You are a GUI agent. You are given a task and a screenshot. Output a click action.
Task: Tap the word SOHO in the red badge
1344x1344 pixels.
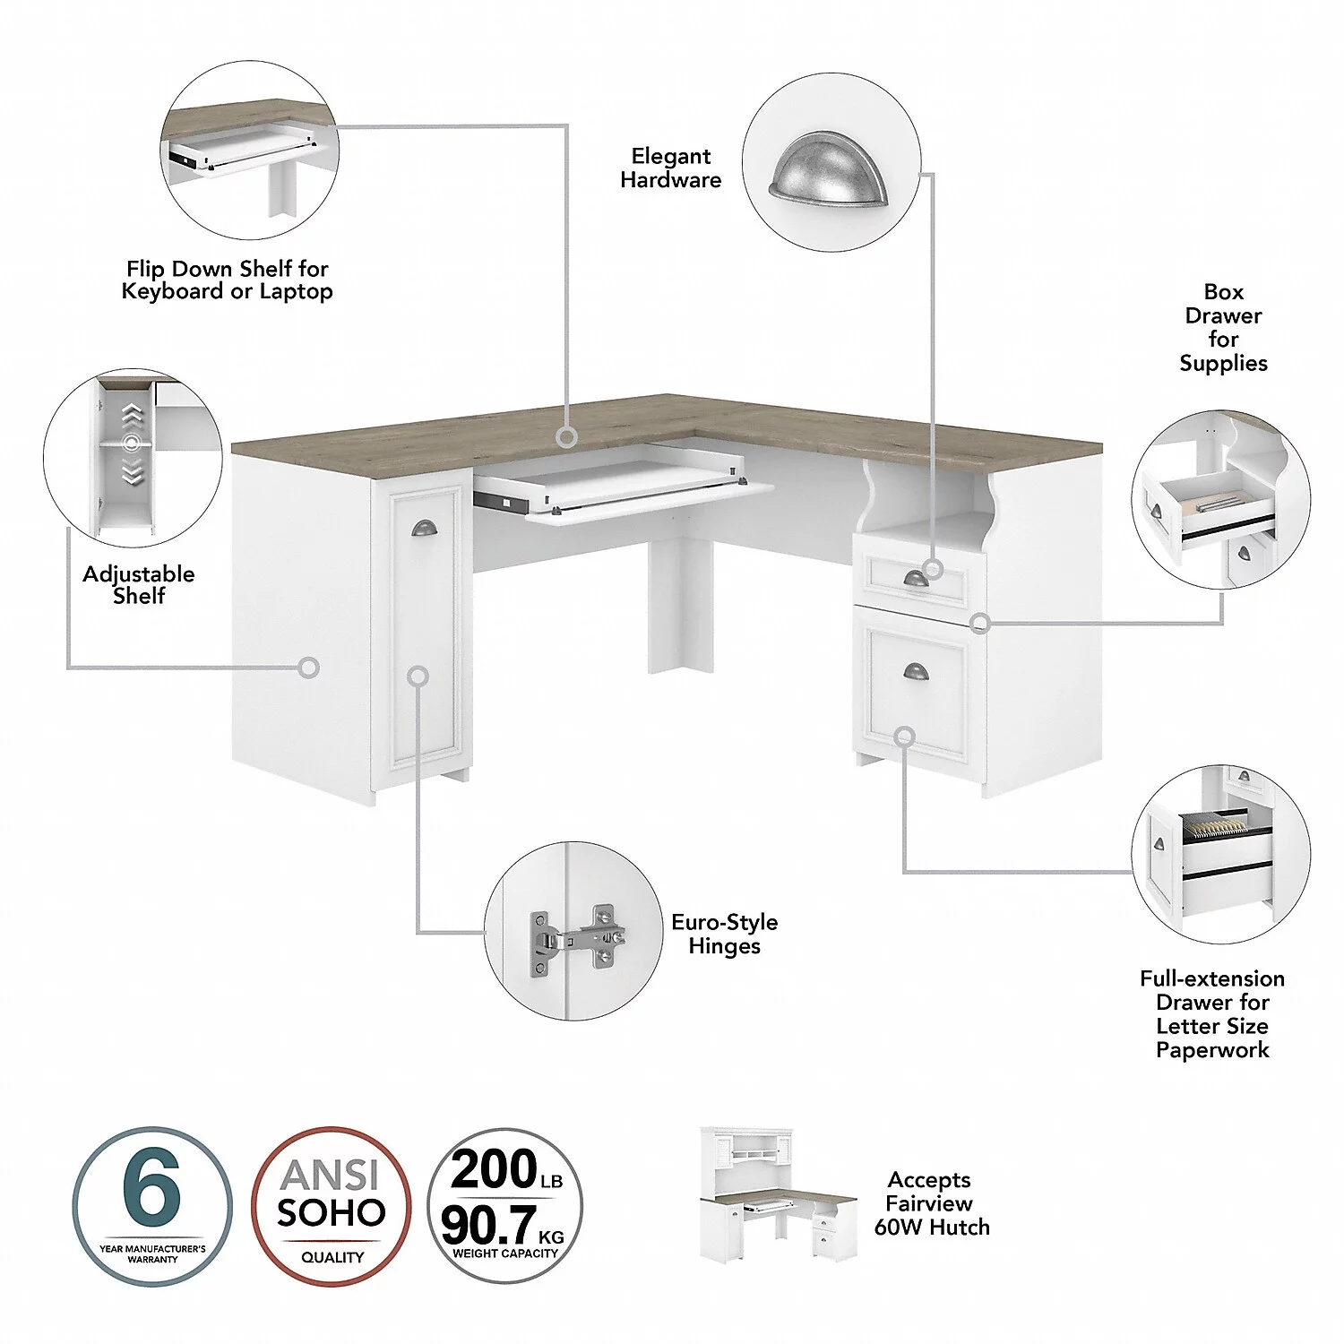[x=331, y=1213]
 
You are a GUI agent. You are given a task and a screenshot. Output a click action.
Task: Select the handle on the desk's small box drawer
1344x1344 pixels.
[x=916, y=579]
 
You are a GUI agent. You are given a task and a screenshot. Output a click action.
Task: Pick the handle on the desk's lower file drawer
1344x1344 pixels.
[x=917, y=671]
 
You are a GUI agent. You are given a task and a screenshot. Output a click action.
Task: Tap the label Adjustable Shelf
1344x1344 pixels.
[x=139, y=585]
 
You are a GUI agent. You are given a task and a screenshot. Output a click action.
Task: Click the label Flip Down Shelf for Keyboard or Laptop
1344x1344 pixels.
[x=228, y=280]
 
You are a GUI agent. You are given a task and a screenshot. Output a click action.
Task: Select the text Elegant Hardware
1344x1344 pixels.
[x=670, y=168]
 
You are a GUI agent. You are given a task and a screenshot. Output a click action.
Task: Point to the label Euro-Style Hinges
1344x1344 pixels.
[x=724, y=934]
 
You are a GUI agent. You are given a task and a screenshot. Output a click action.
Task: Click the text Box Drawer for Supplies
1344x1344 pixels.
[x=1223, y=328]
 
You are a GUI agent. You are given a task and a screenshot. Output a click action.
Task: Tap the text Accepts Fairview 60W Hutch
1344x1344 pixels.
[x=932, y=1203]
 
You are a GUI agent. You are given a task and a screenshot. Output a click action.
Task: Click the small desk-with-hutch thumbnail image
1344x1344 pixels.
[x=778, y=1195]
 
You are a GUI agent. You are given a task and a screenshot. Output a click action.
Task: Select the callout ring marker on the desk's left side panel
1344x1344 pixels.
[x=308, y=667]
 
